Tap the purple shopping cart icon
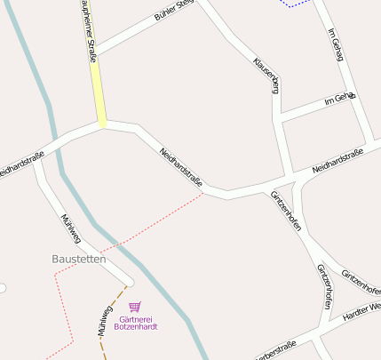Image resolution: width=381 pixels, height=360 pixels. [135, 307]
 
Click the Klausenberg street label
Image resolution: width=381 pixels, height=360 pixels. [266, 75]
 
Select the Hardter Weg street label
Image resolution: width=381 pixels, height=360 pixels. [361, 313]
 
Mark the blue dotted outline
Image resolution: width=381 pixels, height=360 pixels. [296, 4]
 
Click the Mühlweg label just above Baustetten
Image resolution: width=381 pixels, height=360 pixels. [69, 228]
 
